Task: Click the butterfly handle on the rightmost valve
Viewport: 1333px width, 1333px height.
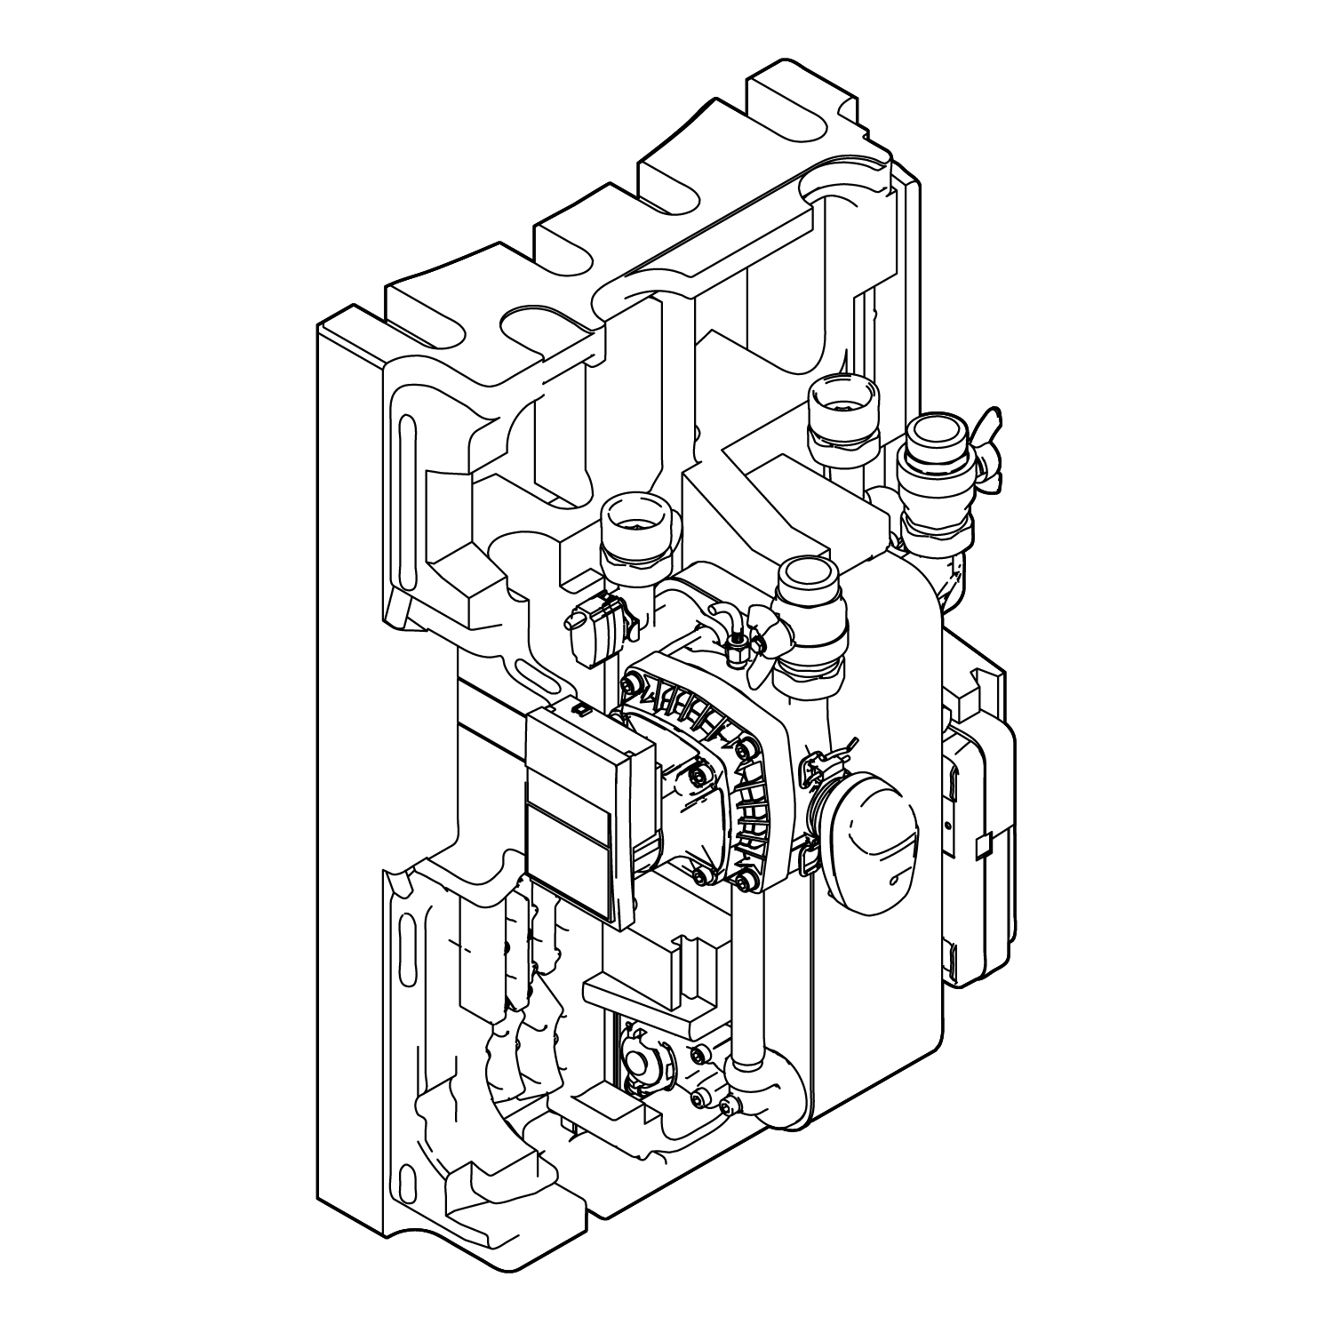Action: tap(993, 452)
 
